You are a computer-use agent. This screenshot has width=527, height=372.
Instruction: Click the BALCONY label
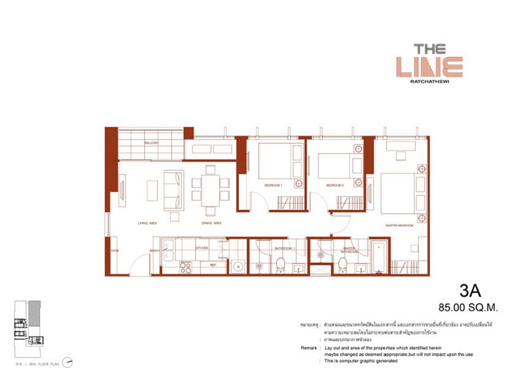(151, 143)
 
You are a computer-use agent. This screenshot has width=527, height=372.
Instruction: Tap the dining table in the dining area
(210, 189)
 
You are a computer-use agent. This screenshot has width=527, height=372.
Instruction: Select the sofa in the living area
(173, 189)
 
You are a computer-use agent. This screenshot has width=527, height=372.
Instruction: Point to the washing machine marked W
(237, 267)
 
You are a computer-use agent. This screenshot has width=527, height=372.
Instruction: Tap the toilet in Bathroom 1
(281, 265)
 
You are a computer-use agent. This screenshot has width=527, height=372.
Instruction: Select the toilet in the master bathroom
(342, 265)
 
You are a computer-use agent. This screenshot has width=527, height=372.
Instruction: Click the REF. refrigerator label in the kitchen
(211, 264)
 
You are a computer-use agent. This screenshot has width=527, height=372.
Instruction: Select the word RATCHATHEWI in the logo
(430, 81)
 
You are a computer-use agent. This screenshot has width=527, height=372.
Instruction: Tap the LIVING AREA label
(147, 223)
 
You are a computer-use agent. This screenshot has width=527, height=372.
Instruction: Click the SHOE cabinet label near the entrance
(114, 251)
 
